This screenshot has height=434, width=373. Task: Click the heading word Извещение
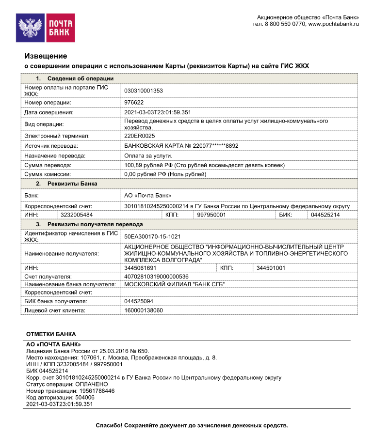tap(46, 56)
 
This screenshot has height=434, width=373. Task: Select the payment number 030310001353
tap(144, 91)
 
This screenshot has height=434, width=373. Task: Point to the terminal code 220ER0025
tap(140, 136)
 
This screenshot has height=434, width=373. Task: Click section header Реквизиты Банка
tap(72, 184)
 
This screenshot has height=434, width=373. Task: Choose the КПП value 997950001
tap(212, 215)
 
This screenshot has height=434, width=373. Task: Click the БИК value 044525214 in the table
tap(325, 215)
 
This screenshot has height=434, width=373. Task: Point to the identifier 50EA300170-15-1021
tap(152, 236)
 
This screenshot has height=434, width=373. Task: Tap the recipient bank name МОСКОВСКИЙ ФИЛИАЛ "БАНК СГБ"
tap(175, 284)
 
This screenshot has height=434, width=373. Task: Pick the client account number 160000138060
tap(144, 310)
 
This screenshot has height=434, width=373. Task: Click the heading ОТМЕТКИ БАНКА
tap(50, 334)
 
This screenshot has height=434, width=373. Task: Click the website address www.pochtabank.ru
tap(333, 24)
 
